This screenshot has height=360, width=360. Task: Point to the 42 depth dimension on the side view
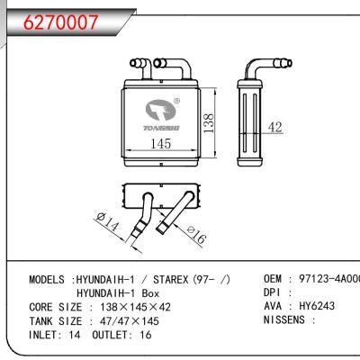[276, 129]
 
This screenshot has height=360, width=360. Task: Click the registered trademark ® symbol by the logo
[177, 102]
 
